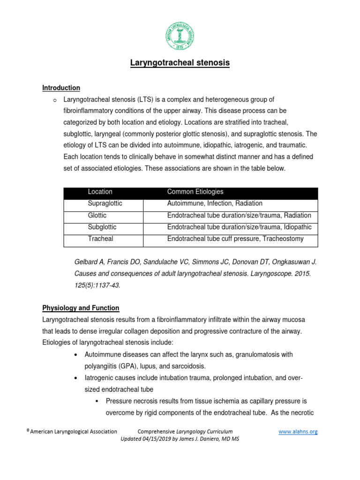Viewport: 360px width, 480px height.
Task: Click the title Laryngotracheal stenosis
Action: pyautogui.click(x=180, y=63)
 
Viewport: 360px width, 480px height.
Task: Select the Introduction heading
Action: pyautogui.click(x=61, y=88)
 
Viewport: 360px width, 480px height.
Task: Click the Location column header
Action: pyautogui.click(x=100, y=192)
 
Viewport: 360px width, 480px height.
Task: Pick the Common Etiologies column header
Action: pyautogui.click(x=195, y=192)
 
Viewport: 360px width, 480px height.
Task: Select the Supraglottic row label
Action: pyautogui.click(x=105, y=203)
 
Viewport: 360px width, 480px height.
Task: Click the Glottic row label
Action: pyautogui.click(x=97, y=215)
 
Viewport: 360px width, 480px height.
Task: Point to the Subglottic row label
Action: pyautogui.click(x=102, y=227)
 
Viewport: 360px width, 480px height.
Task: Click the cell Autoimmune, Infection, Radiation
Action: pyautogui.click(x=215, y=203)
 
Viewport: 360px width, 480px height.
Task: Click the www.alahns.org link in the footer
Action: pyautogui.click(x=298, y=431)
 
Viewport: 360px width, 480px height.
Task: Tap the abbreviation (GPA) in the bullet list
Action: pyautogui.click(x=136, y=366)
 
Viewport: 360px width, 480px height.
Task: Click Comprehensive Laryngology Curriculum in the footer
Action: pyautogui.click(x=185, y=431)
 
